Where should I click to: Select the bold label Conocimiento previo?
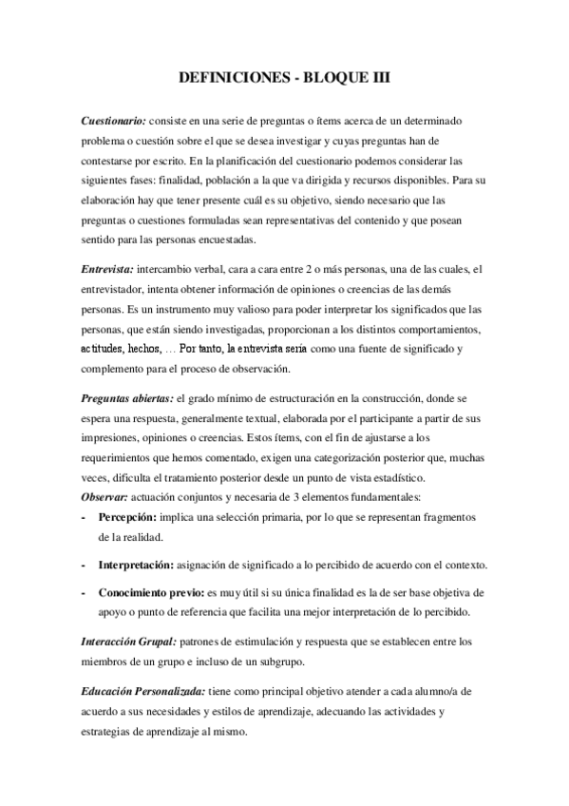coord(152,591)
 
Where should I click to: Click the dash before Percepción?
coord(85,517)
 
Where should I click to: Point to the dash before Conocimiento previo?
coord(85,591)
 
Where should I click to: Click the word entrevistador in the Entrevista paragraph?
coord(114,285)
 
